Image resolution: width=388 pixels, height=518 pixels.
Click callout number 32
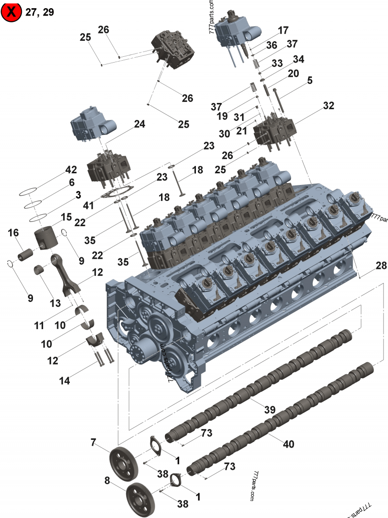pos(329,106)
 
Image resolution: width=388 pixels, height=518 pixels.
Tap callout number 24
pos(140,124)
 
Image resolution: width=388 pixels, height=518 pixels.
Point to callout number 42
pos(71,170)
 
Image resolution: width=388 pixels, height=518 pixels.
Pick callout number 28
pos(381,266)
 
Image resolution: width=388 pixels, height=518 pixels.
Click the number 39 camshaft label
pos(270,410)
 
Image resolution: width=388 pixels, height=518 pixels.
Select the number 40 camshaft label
pos(288,443)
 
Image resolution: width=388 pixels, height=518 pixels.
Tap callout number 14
pos(65,381)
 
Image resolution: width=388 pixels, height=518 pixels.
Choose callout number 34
pos(298,59)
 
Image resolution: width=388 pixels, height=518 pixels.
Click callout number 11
pos(39,326)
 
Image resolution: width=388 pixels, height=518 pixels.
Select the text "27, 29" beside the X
pos(40,13)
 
